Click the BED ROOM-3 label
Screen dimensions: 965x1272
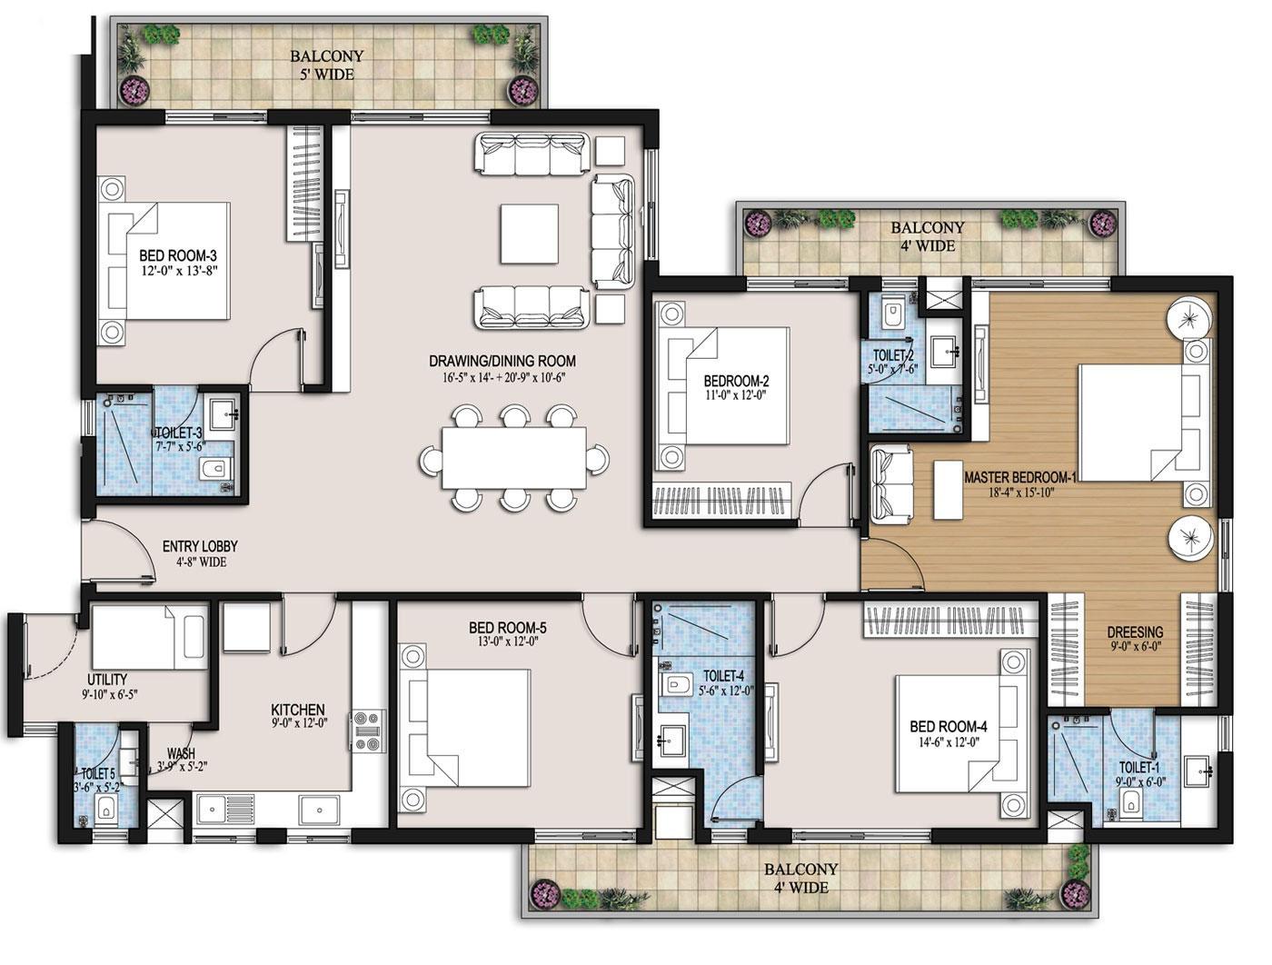(177, 255)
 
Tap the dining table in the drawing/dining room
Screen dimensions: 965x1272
(514, 458)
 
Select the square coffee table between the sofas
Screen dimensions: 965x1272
(528, 234)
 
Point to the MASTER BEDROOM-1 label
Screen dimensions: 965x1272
(1019, 477)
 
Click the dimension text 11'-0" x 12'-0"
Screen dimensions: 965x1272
(736, 395)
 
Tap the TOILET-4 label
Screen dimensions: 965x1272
(724, 677)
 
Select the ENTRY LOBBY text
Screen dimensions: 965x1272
(200, 546)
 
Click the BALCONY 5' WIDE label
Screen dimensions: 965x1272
(327, 56)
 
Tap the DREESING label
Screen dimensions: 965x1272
(1135, 632)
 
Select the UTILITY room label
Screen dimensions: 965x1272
(107, 680)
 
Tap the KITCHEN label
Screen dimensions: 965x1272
(298, 710)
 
